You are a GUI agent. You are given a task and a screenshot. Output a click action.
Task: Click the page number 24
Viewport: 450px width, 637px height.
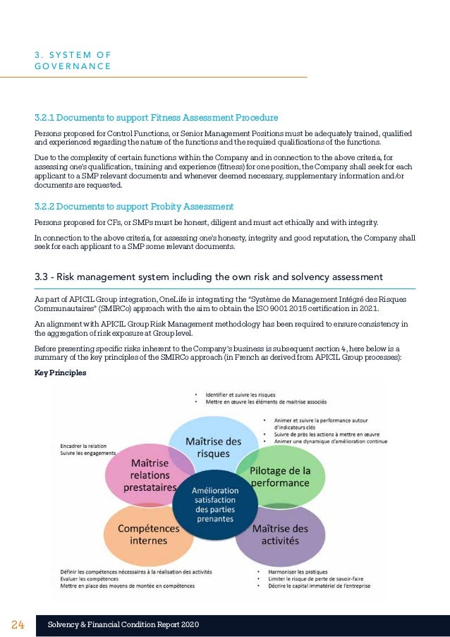click(x=18, y=625)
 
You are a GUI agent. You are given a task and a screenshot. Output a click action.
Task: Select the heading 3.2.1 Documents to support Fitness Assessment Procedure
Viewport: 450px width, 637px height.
click(x=156, y=117)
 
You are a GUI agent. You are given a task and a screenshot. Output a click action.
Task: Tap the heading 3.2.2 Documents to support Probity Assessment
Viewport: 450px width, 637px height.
click(x=134, y=207)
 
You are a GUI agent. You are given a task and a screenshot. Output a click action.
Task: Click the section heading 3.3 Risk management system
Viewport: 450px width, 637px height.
click(x=209, y=276)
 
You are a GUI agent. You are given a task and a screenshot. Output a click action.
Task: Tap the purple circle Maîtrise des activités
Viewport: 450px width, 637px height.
click(x=280, y=534)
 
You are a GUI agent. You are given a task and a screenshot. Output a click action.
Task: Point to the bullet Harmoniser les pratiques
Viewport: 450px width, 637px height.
click(x=300, y=570)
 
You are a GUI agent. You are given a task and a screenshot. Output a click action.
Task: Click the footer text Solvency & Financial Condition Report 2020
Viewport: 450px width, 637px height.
click(x=123, y=625)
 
